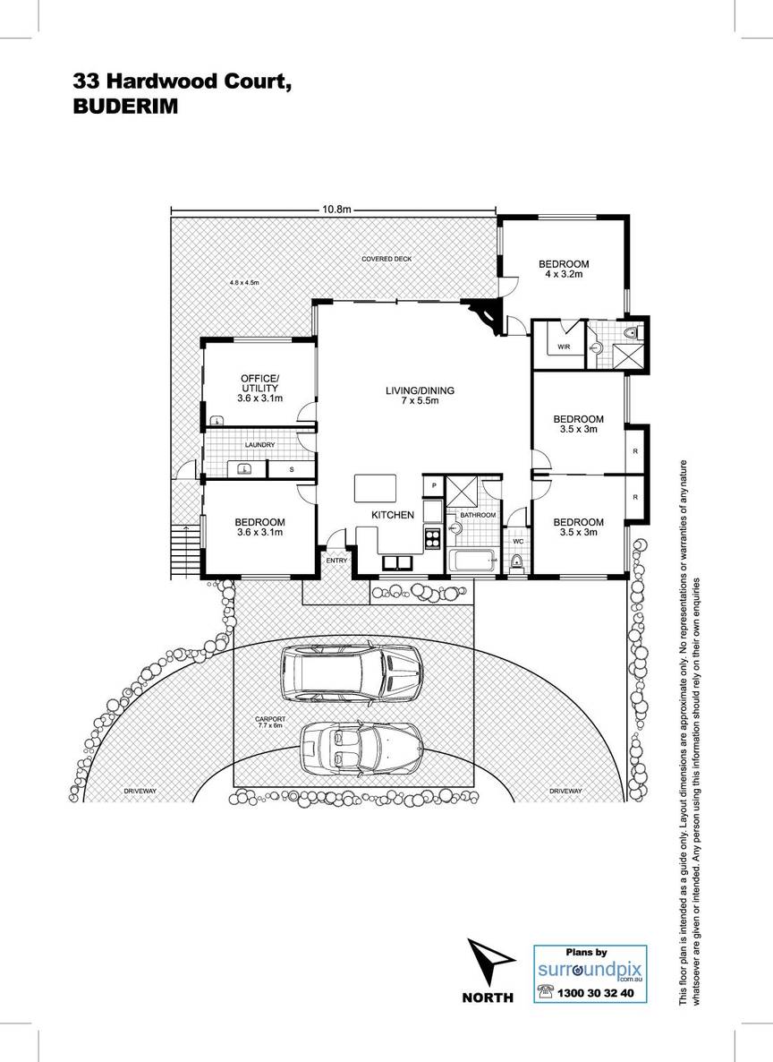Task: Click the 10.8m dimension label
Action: (336, 210)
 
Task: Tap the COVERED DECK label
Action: (386, 259)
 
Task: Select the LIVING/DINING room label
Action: (420, 395)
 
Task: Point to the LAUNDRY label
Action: (259, 444)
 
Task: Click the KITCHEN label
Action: (393, 515)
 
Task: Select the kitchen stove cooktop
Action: (431, 538)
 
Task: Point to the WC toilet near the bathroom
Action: (516, 561)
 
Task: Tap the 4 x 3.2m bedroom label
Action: (564, 269)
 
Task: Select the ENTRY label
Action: (336, 561)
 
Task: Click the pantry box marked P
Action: (433, 485)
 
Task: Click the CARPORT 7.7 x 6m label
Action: (268, 722)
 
